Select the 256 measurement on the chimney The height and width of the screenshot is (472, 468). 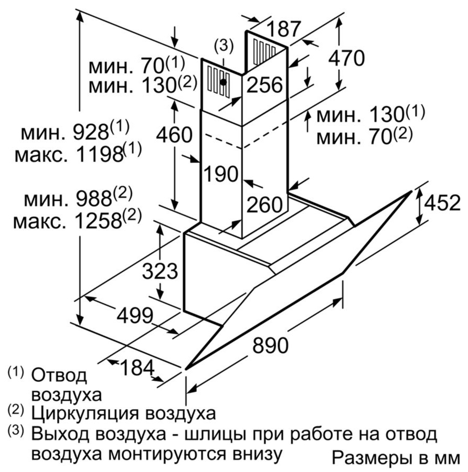pyautogui.click(x=265, y=84)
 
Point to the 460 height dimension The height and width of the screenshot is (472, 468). pyautogui.click(x=174, y=135)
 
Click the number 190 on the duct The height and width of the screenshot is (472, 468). pyautogui.click(x=221, y=174)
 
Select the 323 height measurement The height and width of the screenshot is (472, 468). pyautogui.click(x=161, y=271)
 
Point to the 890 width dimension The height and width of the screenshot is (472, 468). pyautogui.click(x=270, y=346)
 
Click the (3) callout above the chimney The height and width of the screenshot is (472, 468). pyautogui.click(x=224, y=46)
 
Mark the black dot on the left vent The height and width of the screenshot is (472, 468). pyautogui.click(x=224, y=81)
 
